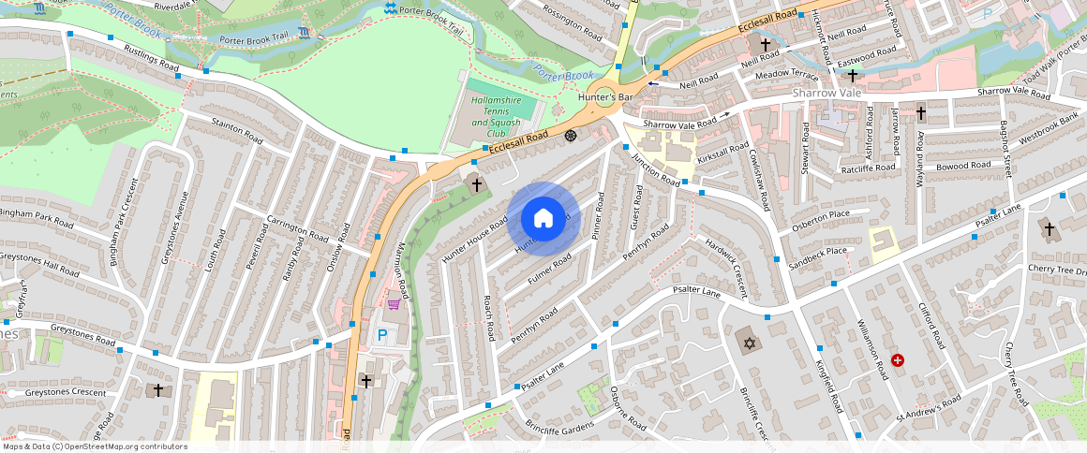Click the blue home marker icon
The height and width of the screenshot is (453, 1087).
click(543, 219)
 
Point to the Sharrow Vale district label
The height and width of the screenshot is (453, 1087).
click(826, 94)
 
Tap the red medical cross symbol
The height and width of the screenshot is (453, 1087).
click(899, 359)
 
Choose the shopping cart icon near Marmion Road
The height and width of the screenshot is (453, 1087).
click(395, 303)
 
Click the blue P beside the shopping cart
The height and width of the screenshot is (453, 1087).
click(381, 334)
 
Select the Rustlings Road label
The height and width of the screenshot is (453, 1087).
click(151, 59)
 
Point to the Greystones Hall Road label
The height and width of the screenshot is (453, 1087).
click(40, 263)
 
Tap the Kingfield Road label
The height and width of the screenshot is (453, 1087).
click(830, 387)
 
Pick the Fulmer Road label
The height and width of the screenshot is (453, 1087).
click(550, 270)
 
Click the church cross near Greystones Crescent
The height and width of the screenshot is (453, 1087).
click(157, 389)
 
